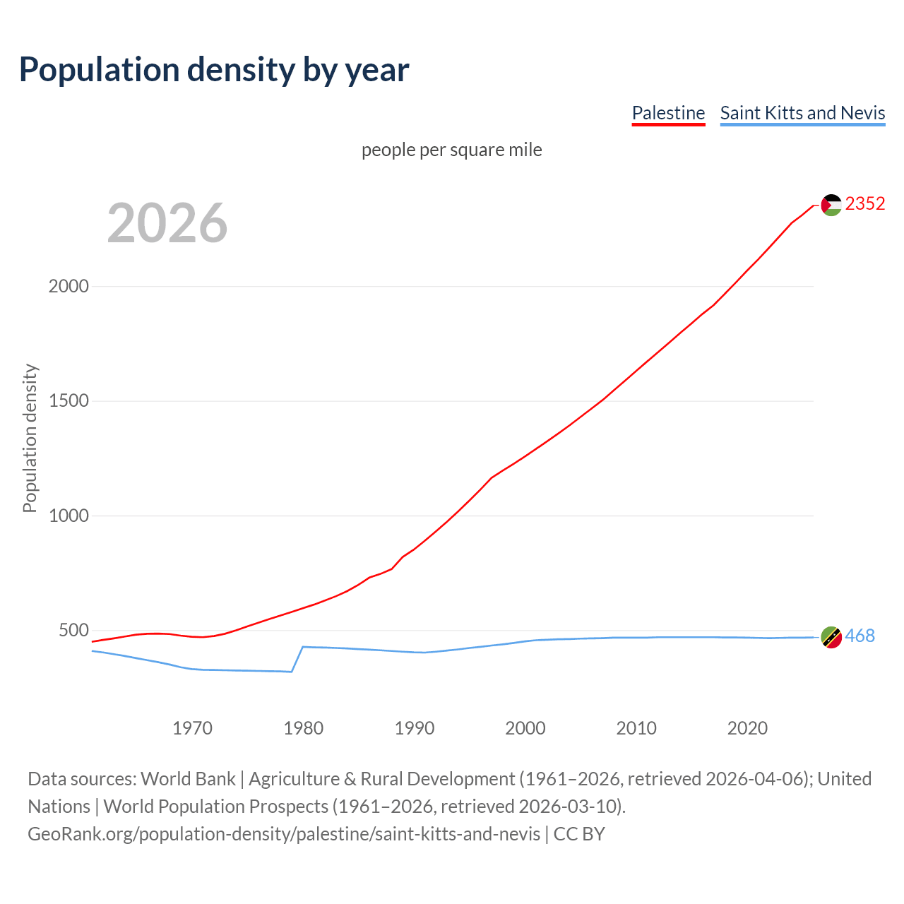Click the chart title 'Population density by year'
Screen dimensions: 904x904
point(214,70)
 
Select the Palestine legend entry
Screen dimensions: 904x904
point(668,113)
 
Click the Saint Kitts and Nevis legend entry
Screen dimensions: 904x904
point(802,113)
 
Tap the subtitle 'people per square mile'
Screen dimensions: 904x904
point(451,150)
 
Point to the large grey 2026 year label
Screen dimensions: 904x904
point(167,223)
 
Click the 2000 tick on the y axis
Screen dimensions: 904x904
point(69,286)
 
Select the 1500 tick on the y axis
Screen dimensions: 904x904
point(69,401)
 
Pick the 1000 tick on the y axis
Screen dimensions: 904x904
point(69,516)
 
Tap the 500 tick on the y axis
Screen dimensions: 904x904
point(73,630)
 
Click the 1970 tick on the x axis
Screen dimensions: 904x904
point(192,728)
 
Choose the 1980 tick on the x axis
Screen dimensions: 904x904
point(303,728)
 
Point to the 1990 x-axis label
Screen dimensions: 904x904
point(415,728)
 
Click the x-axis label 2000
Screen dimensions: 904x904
point(525,728)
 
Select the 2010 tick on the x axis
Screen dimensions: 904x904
point(636,728)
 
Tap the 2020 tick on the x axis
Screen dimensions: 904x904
point(747,728)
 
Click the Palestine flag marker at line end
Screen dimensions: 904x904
point(831,205)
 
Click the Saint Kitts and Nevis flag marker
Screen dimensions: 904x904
point(831,637)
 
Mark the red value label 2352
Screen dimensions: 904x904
point(865,204)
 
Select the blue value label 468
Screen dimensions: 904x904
point(860,636)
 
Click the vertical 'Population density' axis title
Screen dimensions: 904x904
point(30,438)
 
